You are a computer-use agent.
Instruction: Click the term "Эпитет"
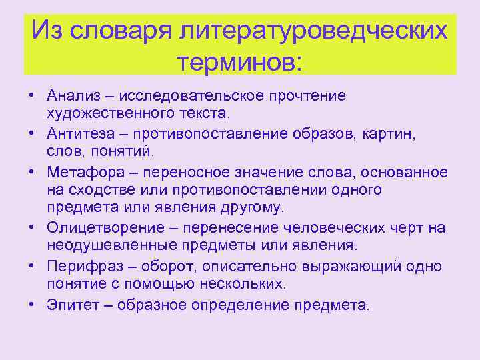69,305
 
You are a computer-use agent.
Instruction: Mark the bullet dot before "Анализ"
31,95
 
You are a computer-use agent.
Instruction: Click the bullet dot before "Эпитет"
31,305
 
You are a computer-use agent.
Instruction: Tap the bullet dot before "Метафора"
31,172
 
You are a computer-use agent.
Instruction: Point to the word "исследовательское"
179,95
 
